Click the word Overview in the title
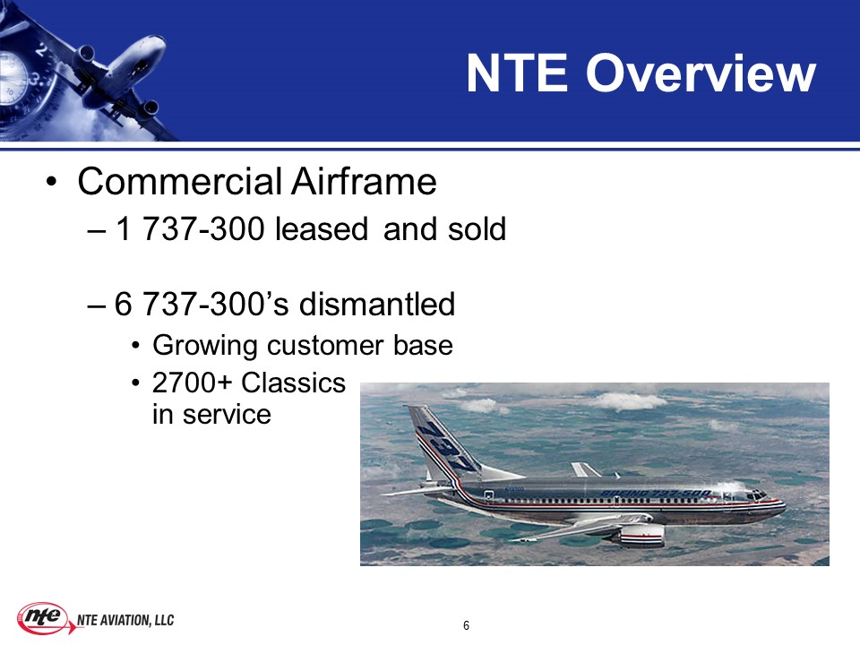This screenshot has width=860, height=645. pos(701,73)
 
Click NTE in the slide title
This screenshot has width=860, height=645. pos(517,73)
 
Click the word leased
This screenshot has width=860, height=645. pos(321,228)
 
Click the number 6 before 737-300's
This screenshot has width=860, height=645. pos(123,304)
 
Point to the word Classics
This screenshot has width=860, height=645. pos(294,383)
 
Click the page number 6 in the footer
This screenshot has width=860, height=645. pos(466,625)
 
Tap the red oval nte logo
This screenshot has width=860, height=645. pos(43,617)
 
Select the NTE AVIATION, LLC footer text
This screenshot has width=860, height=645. pos(125,620)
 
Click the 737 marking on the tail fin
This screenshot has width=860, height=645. pos(448,446)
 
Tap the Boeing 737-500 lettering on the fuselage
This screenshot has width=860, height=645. pos(656,494)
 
